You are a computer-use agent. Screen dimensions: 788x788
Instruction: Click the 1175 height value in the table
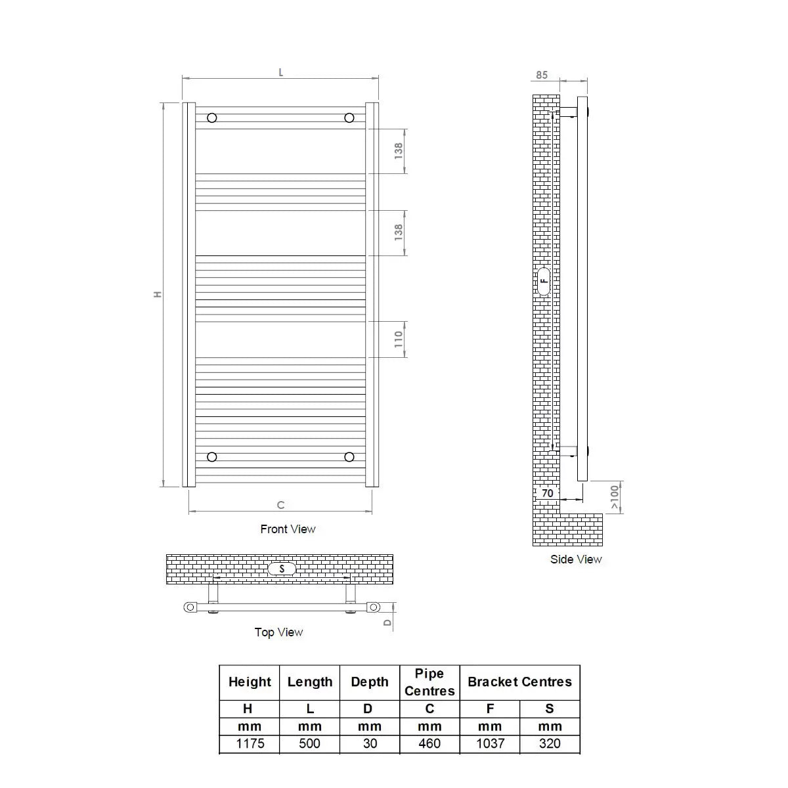click(250, 743)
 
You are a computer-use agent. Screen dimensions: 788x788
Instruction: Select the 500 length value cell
click(309, 743)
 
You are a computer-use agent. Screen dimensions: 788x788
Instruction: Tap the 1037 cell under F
click(490, 743)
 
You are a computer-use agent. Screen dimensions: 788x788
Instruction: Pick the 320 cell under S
click(550, 743)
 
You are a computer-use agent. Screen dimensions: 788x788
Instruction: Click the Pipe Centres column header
click(429, 682)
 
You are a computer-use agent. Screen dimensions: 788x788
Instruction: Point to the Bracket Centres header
click(519, 682)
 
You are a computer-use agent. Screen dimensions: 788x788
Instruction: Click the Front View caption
click(288, 529)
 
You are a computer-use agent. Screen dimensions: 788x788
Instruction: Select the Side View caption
click(576, 559)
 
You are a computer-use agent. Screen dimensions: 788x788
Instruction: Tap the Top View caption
click(278, 632)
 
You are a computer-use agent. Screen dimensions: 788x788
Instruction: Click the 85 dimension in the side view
click(541, 75)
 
